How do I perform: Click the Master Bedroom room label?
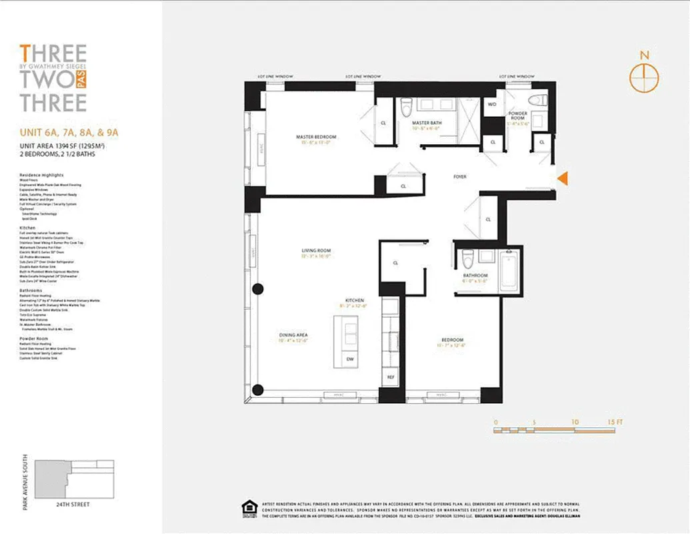click(x=316, y=138)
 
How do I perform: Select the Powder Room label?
click(x=517, y=115)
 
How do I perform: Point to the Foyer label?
click(x=460, y=177)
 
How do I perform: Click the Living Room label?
click(x=316, y=251)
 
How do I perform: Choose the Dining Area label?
click(x=293, y=335)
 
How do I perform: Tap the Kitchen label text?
click(x=354, y=301)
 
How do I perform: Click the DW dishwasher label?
click(x=351, y=360)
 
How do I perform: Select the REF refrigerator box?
click(x=391, y=377)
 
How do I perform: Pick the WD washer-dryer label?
click(x=493, y=105)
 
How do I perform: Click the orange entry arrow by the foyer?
click(x=562, y=178)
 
